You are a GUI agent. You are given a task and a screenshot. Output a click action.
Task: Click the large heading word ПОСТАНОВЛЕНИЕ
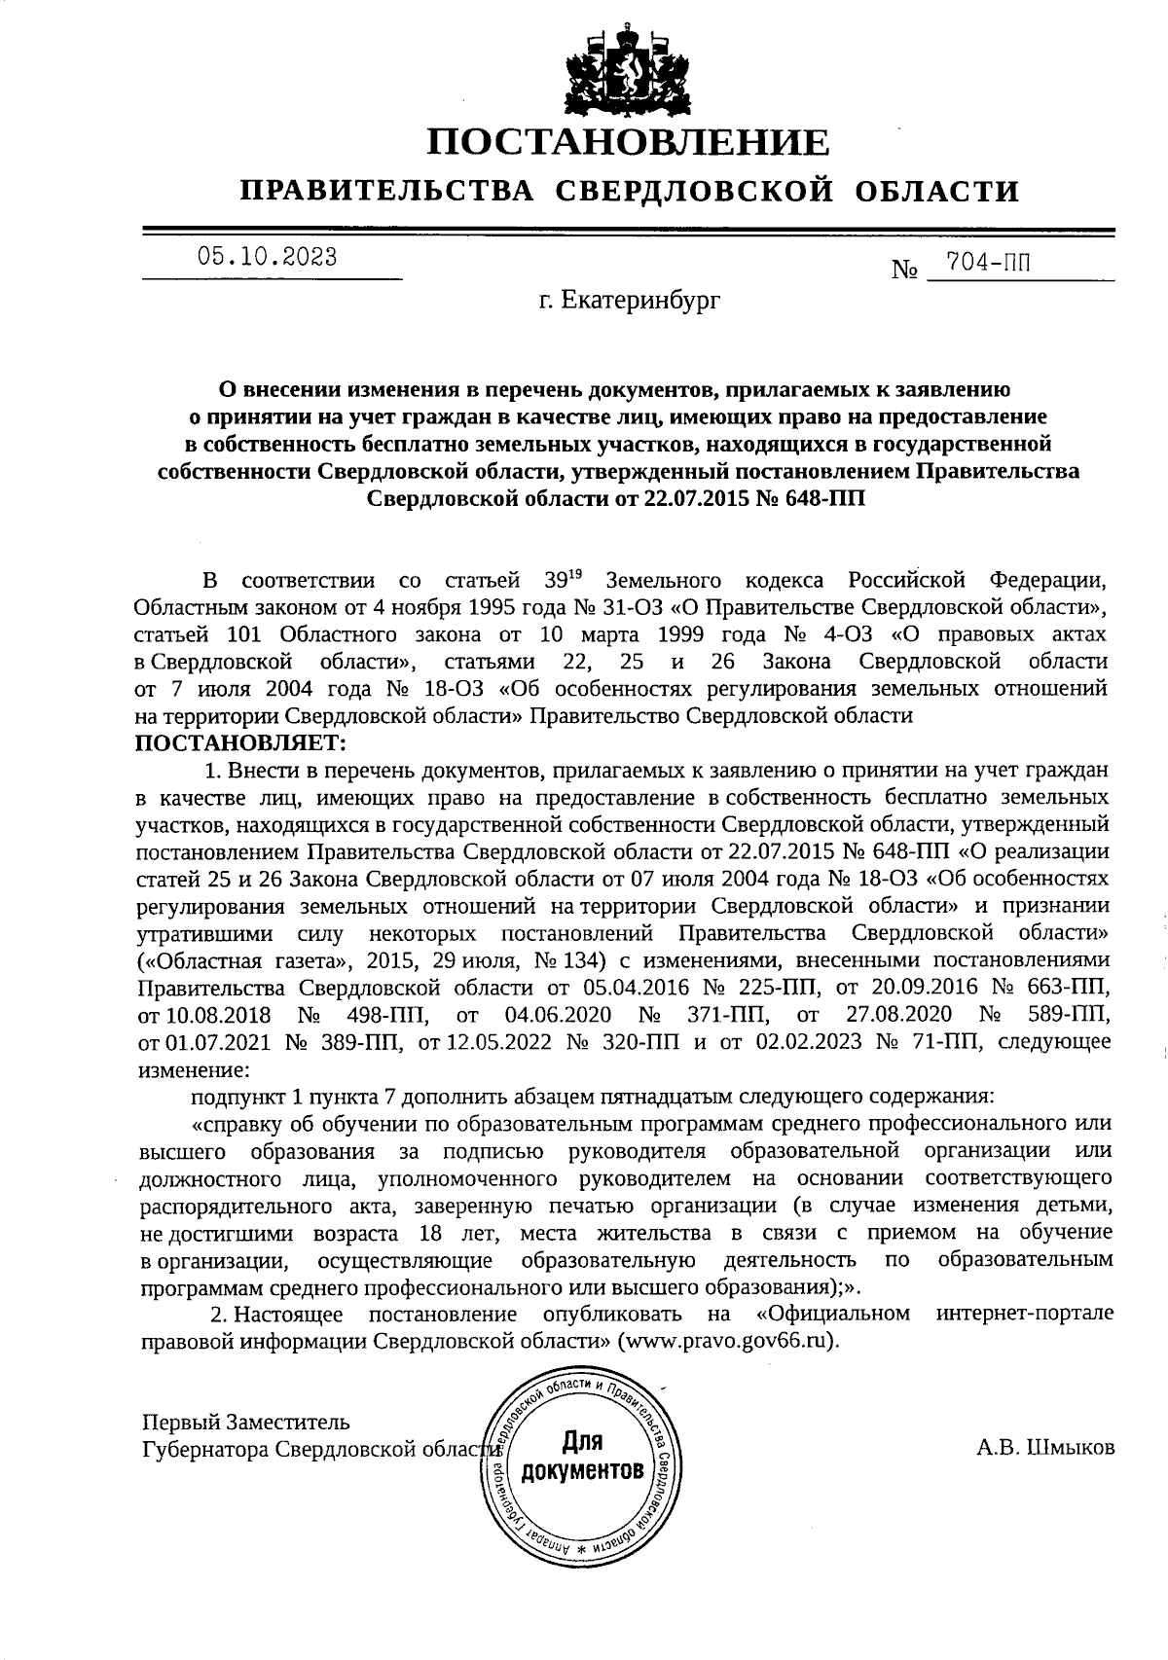coord(630,143)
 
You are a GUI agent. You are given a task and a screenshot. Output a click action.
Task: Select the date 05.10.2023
coord(268,257)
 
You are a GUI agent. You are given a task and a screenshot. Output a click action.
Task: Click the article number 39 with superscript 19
coord(557,581)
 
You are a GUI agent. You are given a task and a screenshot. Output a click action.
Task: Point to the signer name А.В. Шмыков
coord(1045,1447)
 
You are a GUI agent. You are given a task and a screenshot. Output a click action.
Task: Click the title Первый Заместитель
coord(245,1422)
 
